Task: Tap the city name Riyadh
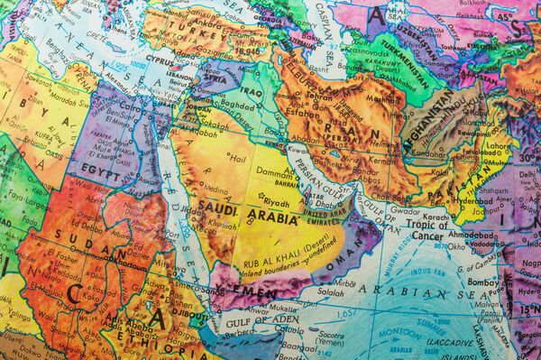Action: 277,203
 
